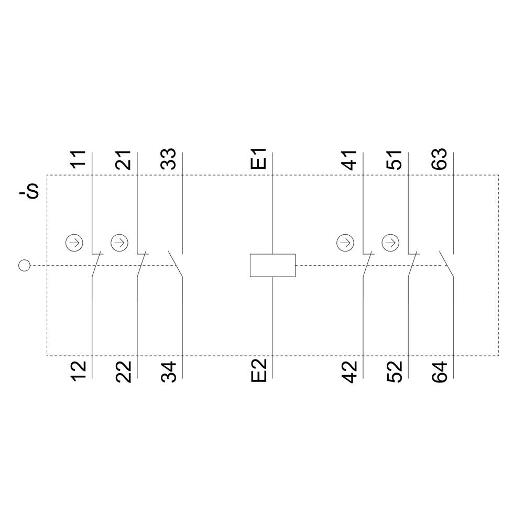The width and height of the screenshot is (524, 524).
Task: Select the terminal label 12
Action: [79, 371]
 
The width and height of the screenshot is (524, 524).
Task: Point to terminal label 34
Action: [169, 371]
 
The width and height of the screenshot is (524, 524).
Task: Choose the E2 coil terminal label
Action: [259, 371]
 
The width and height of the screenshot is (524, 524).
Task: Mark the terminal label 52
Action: [395, 371]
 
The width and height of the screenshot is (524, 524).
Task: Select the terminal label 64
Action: [440, 371]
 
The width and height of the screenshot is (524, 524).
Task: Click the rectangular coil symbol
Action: [272, 265]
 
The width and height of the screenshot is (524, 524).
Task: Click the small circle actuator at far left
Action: [24, 266]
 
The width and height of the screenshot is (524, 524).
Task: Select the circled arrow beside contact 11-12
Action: [74, 243]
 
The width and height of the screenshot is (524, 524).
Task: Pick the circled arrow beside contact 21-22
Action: [119, 243]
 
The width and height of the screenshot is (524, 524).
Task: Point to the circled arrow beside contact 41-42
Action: [345, 243]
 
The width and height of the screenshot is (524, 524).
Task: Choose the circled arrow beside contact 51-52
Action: [390, 243]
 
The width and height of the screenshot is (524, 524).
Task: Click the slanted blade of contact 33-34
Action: [176, 264]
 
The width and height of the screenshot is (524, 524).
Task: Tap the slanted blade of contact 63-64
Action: [446, 264]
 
